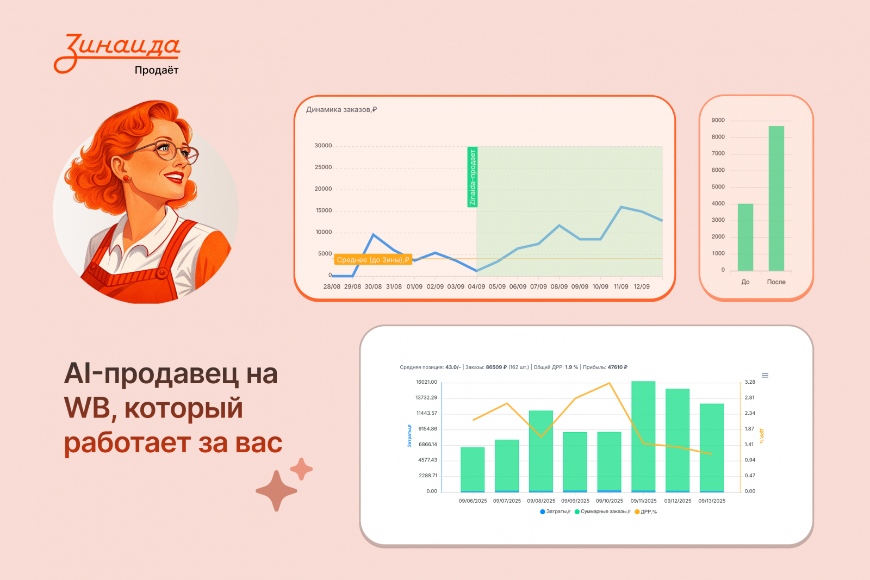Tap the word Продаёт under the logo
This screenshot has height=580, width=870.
pyautogui.click(x=157, y=70)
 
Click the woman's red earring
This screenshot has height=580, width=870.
pyautogui.click(x=126, y=178)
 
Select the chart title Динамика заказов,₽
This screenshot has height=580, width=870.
pyautogui.click(x=341, y=109)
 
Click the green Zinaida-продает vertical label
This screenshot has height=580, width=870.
pyautogui.click(x=473, y=177)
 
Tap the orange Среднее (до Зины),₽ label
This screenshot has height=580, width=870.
pyautogui.click(x=373, y=260)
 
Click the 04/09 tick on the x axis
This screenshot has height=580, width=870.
pyautogui.click(x=476, y=286)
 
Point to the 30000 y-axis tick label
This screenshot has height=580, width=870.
pyautogui.click(x=323, y=146)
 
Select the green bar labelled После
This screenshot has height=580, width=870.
pyautogui.click(x=776, y=198)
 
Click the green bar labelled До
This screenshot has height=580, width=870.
pyautogui.click(x=745, y=237)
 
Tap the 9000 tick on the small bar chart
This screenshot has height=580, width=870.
pyautogui.click(x=718, y=120)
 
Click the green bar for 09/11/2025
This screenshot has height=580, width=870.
pyautogui.click(x=643, y=436)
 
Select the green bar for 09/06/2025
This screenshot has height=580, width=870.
pyautogui.click(x=473, y=469)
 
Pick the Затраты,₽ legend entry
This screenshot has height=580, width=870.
pyautogui.click(x=555, y=512)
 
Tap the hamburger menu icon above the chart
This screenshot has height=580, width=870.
pyautogui.click(x=765, y=376)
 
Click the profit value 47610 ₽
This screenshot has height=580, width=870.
pyautogui.click(x=618, y=367)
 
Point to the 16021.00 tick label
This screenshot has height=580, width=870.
pyautogui.click(x=426, y=382)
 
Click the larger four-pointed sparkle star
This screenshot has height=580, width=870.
pyautogui.click(x=276, y=491)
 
